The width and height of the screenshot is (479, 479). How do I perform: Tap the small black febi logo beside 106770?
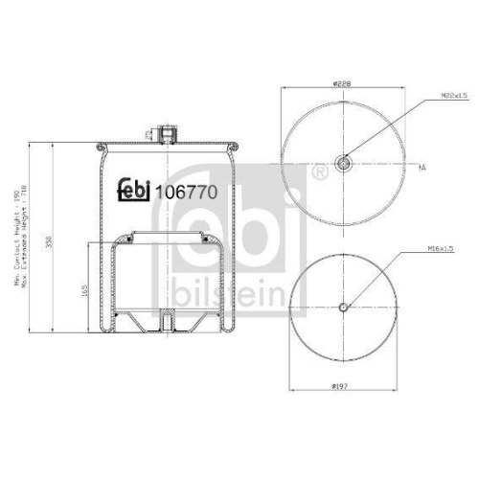[135, 191]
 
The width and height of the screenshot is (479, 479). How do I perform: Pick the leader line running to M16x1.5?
[374, 278]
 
